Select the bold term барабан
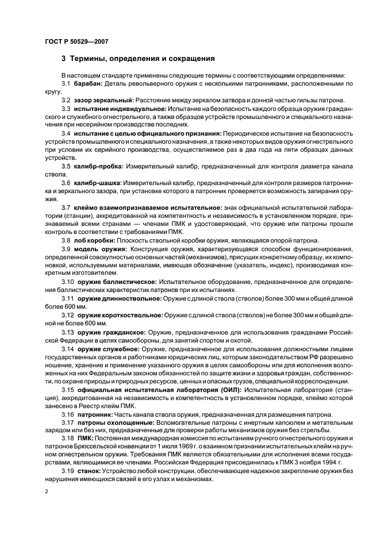point(88,84)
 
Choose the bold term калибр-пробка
point(98,166)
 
